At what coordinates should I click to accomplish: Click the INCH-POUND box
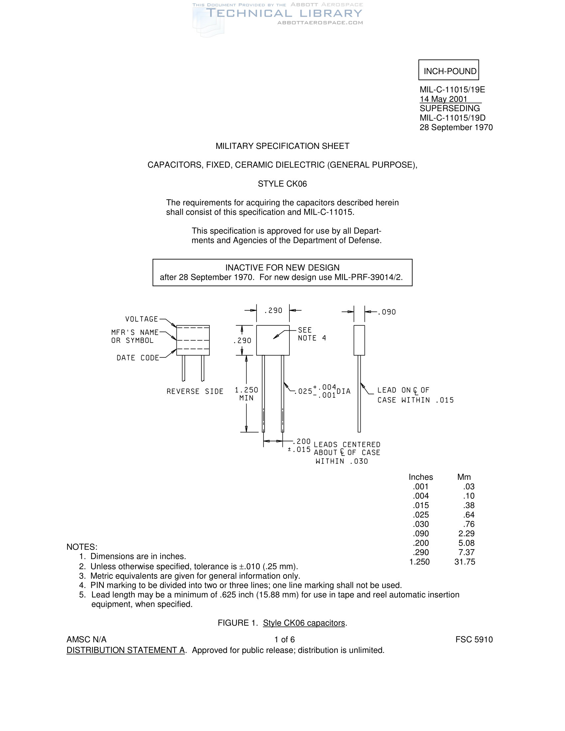449,70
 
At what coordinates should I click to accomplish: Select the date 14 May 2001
443,99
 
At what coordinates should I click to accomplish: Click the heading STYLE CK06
282,184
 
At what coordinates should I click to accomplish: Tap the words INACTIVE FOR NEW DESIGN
282,267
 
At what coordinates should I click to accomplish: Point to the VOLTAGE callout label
141,319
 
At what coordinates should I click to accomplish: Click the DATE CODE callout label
138,358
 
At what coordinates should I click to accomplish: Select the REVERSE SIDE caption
195,391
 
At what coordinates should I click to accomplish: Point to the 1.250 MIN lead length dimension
246,394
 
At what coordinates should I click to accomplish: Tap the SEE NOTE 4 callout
307,334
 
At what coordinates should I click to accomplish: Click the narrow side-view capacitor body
359,340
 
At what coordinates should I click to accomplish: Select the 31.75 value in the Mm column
465,562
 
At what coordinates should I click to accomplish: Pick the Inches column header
421,477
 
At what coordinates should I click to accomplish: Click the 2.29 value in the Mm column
467,534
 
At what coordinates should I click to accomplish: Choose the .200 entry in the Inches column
421,543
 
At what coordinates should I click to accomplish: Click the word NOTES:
82,547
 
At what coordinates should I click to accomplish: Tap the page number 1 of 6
284,640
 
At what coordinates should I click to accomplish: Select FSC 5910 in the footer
474,640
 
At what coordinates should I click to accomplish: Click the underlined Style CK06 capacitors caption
304,623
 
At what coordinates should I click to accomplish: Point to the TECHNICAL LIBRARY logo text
284,13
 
